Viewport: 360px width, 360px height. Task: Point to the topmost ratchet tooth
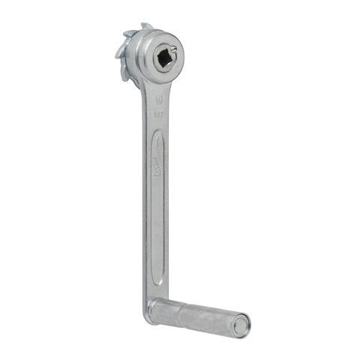point(145,26)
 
